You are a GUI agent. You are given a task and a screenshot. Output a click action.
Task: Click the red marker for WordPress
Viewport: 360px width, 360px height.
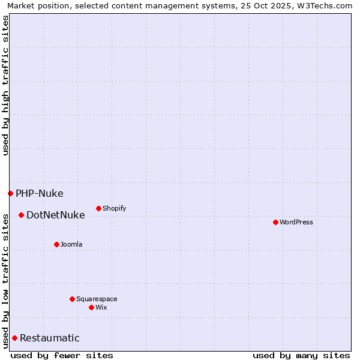pos(275,222)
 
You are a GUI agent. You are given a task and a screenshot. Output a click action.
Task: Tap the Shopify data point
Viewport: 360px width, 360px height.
pos(98,208)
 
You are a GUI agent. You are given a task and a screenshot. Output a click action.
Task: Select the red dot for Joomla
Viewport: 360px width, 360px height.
pos(56,244)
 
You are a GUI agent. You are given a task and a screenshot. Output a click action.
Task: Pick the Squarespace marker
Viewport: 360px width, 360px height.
pos(72,299)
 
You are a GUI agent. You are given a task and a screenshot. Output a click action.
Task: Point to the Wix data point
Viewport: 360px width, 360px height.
pos(91,307)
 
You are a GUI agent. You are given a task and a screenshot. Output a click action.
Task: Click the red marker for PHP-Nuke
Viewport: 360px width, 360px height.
pos(10,193)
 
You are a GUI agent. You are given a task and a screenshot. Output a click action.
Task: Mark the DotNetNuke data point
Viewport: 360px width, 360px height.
pos(21,215)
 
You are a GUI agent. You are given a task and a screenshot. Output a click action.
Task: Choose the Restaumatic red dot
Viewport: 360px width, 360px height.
pos(14,338)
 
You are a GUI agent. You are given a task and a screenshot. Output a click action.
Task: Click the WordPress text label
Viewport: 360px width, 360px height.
pos(296,222)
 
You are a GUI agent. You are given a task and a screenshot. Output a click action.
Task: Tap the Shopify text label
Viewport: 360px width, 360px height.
pos(114,208)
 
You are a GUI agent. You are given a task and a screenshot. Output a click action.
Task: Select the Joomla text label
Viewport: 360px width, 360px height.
pos(71,244)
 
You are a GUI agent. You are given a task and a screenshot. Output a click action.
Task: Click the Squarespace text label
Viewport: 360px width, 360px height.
pos(97,299)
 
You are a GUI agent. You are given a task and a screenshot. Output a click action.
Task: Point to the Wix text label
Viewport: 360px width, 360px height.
pos(101,307)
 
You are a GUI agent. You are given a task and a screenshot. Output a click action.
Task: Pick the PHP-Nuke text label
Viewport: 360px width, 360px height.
pos(39,193)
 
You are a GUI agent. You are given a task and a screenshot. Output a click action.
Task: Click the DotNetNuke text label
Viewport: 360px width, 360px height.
pos(55,215)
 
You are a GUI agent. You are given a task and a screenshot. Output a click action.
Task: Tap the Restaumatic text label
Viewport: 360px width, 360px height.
pos(49,338)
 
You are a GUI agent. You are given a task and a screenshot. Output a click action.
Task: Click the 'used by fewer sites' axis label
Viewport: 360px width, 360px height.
pos(62,355)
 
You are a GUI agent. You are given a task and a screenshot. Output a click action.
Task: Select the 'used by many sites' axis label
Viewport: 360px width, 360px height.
pos(301,355)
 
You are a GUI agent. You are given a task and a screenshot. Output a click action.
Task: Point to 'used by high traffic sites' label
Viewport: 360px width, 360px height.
pos(6,85)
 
